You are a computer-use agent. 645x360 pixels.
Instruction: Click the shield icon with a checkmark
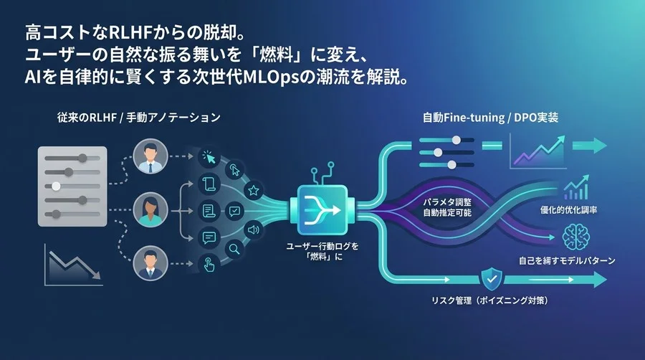point(491,276)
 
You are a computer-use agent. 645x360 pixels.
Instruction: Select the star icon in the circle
point(253,190)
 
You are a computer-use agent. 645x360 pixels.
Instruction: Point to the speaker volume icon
point(253,229)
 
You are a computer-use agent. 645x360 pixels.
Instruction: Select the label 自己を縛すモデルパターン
point(566,260)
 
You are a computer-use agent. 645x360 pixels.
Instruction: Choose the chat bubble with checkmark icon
point(234,211)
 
